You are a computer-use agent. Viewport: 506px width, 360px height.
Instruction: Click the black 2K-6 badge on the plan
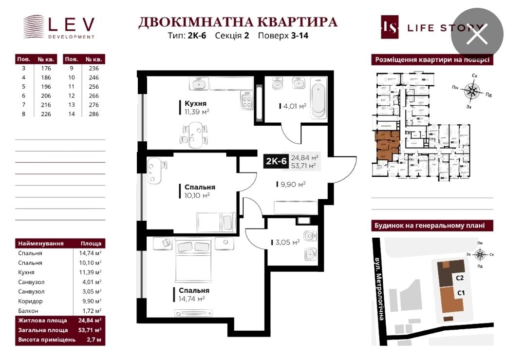[x=276, y=161]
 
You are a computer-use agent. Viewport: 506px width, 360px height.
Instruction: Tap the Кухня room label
[x=195, y=104]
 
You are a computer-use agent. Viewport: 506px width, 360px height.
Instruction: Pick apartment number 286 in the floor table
[x=94, y=114]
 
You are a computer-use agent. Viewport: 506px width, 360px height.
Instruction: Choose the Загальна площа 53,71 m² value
[x=91, y=330]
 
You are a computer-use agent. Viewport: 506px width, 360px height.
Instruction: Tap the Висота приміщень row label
[x=47, y=340]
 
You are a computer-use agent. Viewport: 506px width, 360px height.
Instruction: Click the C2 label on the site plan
[x=460, y=278]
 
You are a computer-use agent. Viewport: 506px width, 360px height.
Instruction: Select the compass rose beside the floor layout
[x=471, y=91]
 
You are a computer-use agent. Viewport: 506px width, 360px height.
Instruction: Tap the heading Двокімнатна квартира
[x=238, y=22]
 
